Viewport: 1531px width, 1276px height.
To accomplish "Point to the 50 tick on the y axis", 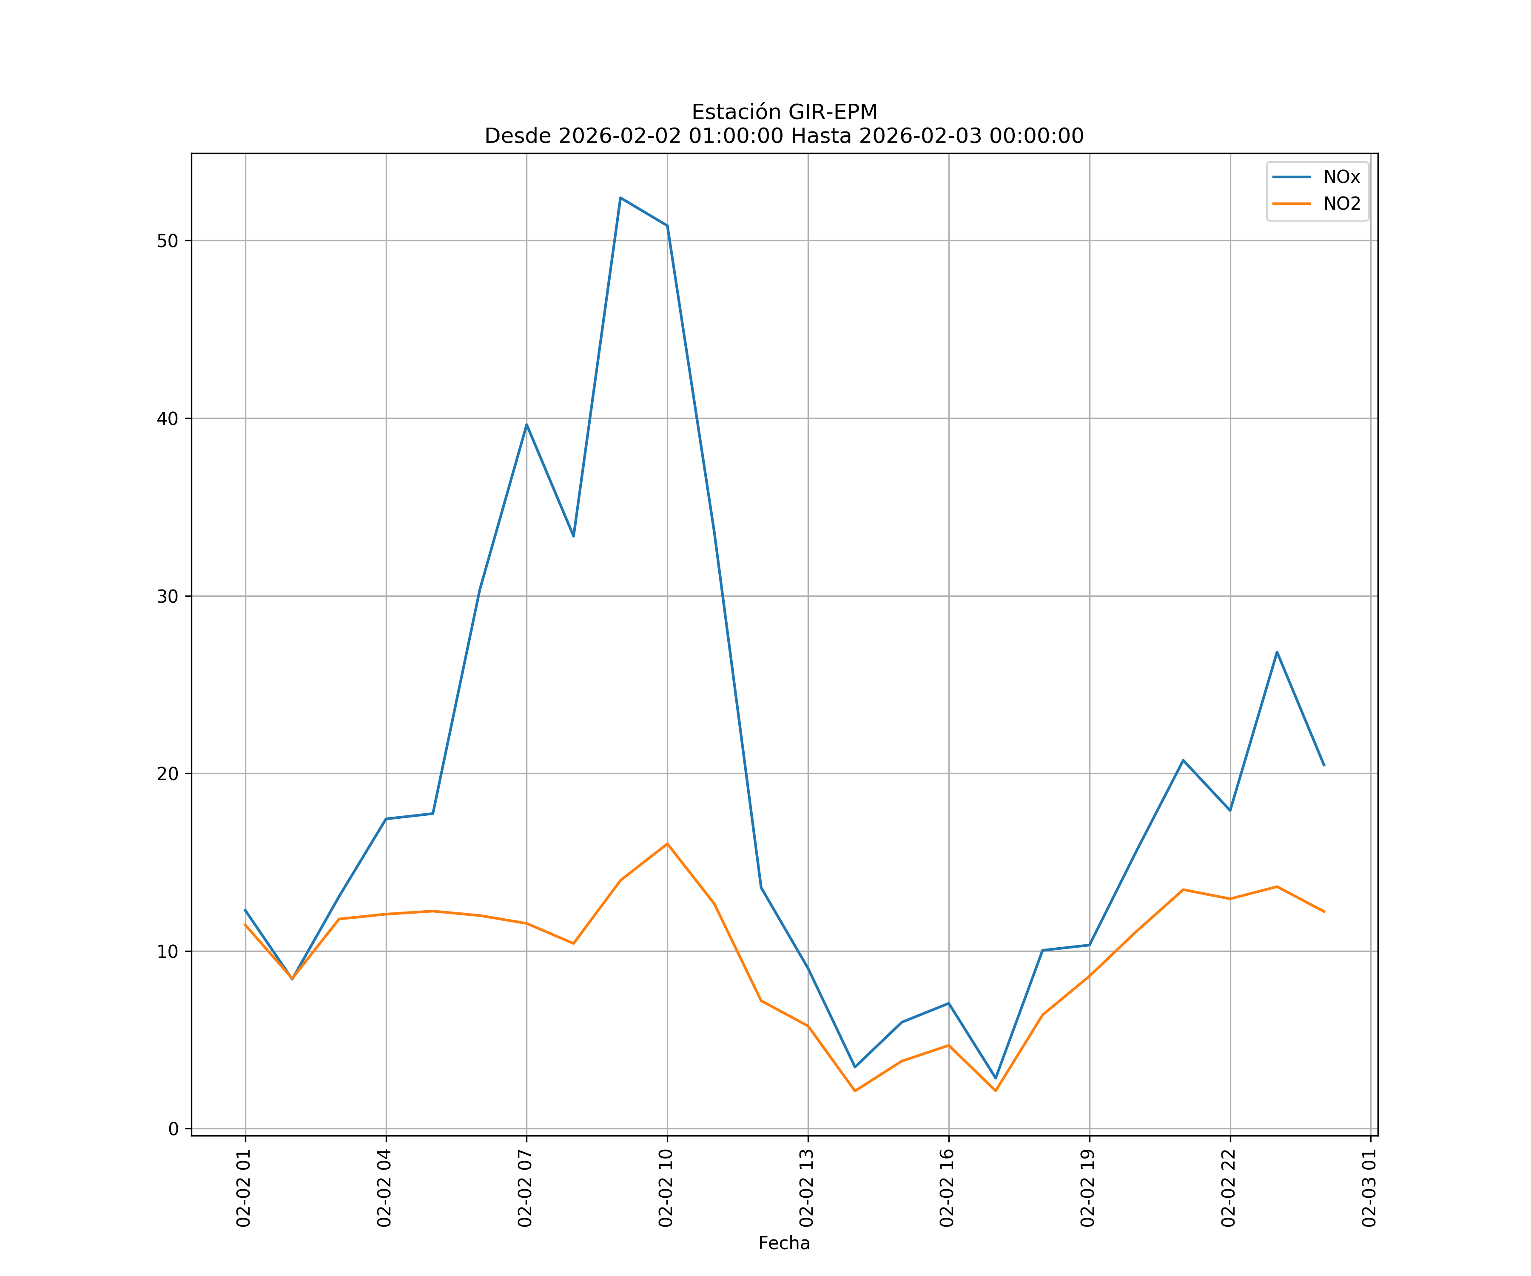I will [168, 241].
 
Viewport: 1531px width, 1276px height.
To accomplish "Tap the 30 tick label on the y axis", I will [168, 596].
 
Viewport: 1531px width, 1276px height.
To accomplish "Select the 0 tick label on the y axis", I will [174, 1129].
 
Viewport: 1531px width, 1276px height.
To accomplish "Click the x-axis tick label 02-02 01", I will [244, 1188].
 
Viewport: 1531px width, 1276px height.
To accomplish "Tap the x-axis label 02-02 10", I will [666, 1188].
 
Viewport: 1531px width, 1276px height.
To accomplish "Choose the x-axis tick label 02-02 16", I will [947, 1188].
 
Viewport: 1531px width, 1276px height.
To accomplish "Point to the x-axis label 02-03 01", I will [1369, 1188].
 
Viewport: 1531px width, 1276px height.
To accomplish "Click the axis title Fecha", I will [784, 1243].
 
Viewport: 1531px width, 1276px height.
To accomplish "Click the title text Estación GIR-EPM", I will [784, 112].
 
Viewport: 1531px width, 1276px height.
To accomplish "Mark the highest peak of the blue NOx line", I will [620, 198].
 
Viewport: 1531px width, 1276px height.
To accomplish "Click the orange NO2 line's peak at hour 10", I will [667, 843].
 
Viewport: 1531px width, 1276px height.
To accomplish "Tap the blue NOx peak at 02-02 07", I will [526, 424].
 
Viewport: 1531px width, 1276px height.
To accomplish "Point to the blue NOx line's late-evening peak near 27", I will [1277, 652].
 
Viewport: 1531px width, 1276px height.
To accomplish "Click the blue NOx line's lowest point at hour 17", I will [995, 1078].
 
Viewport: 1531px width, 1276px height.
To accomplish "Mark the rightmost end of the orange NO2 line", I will [1324, 911].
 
